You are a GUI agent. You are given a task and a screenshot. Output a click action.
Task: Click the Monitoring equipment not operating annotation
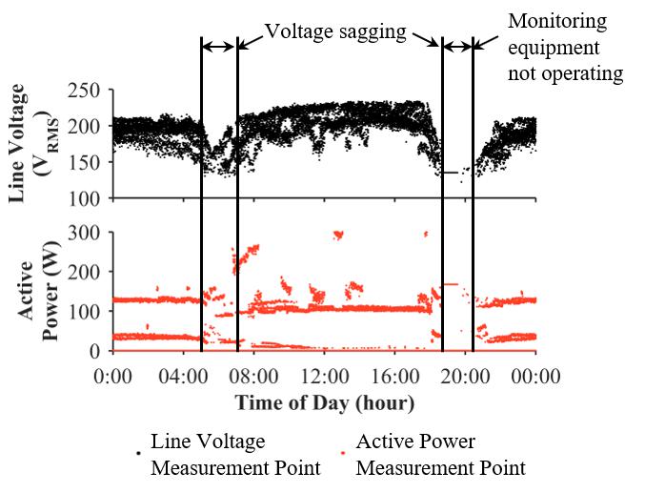click(x=566, y=47)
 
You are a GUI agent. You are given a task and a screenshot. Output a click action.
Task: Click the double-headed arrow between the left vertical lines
click(x=219, y=46)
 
